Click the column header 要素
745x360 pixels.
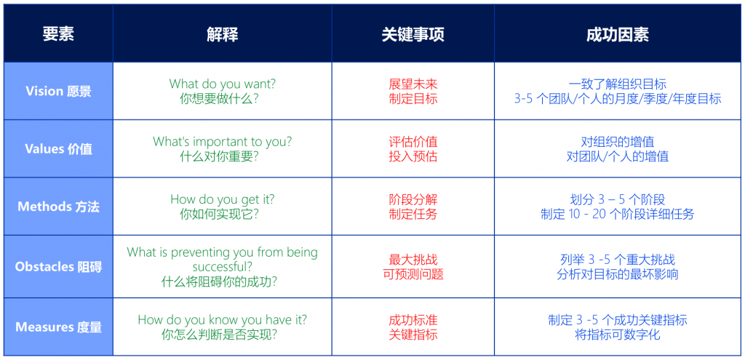58,34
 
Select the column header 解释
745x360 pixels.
223,34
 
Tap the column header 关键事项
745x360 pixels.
413,34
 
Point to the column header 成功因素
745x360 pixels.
618,34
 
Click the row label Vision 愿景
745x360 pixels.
58,91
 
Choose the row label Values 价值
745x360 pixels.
58,148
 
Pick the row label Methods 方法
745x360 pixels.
58,207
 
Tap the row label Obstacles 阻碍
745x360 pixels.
58,267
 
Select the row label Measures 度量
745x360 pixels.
58,327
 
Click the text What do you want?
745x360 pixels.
223,84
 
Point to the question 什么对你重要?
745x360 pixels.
219,156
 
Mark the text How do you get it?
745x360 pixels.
223,199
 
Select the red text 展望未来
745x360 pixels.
413,84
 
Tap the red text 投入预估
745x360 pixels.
413,156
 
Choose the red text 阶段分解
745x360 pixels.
413,199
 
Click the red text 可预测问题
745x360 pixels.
413,274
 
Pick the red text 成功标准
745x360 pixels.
413,319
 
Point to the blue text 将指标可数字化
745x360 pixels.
618,335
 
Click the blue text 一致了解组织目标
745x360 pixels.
618,84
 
